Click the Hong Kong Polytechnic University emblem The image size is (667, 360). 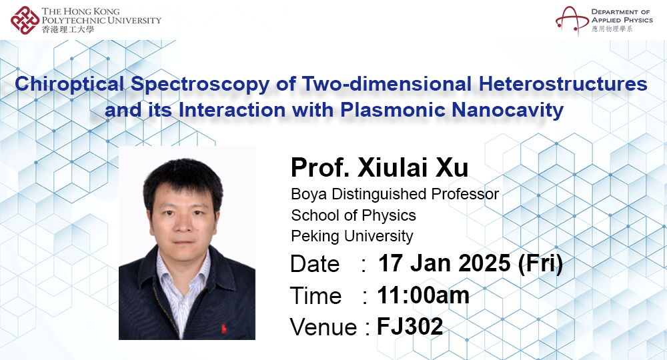click(25, 19)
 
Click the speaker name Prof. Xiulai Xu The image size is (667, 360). click(380, 168)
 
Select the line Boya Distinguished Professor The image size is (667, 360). click(395, 195)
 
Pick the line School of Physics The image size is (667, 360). click(354, 215)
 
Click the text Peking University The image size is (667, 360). click(352, 236)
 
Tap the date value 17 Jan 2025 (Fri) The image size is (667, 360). click(470, 264)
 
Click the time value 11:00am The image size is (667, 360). click(423, 295)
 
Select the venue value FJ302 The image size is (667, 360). click(410, 326)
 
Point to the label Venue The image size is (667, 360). click(323, 327)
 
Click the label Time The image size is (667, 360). click(315, 296)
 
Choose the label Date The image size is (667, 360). click(315, 265)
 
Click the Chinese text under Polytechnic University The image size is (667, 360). click(67, 29)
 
